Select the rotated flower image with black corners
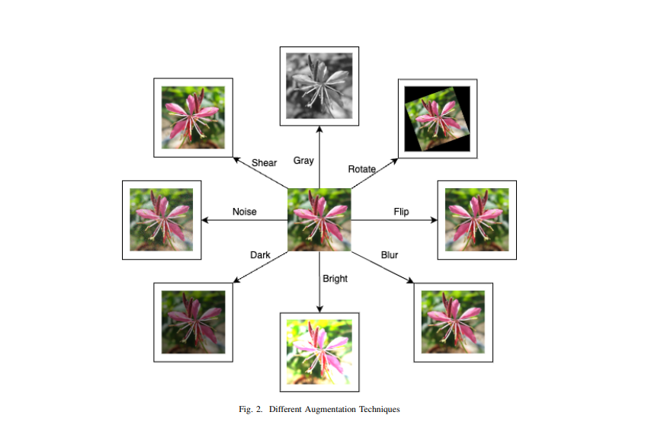[438, 118]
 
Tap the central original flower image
[319, 219]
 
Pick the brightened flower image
[319, 351]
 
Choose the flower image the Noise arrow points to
[161, 219]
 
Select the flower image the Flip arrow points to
[477, 219]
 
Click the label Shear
[264, 162]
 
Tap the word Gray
[303, 161]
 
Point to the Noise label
[245, 211]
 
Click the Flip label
[401, 211]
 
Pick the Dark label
[260, 254]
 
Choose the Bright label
[335, 279]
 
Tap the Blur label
[390, 254]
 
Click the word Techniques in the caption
[379, 409]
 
